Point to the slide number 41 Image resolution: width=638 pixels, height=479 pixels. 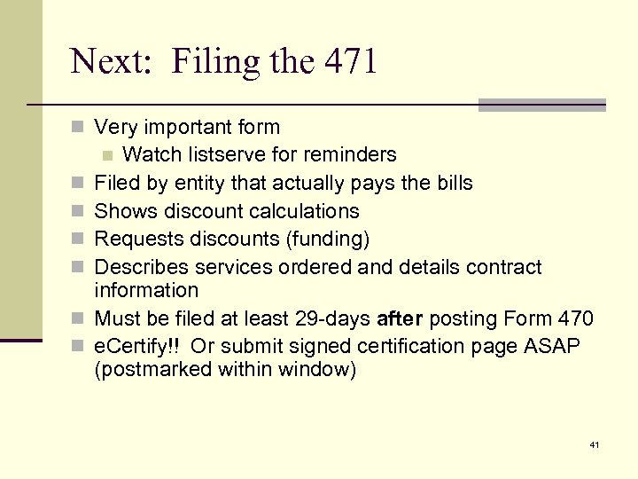(x=593, y=444)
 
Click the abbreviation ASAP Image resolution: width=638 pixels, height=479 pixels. (x=554, y=345)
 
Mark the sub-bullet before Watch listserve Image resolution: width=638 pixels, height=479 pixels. (x=108, y=155)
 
